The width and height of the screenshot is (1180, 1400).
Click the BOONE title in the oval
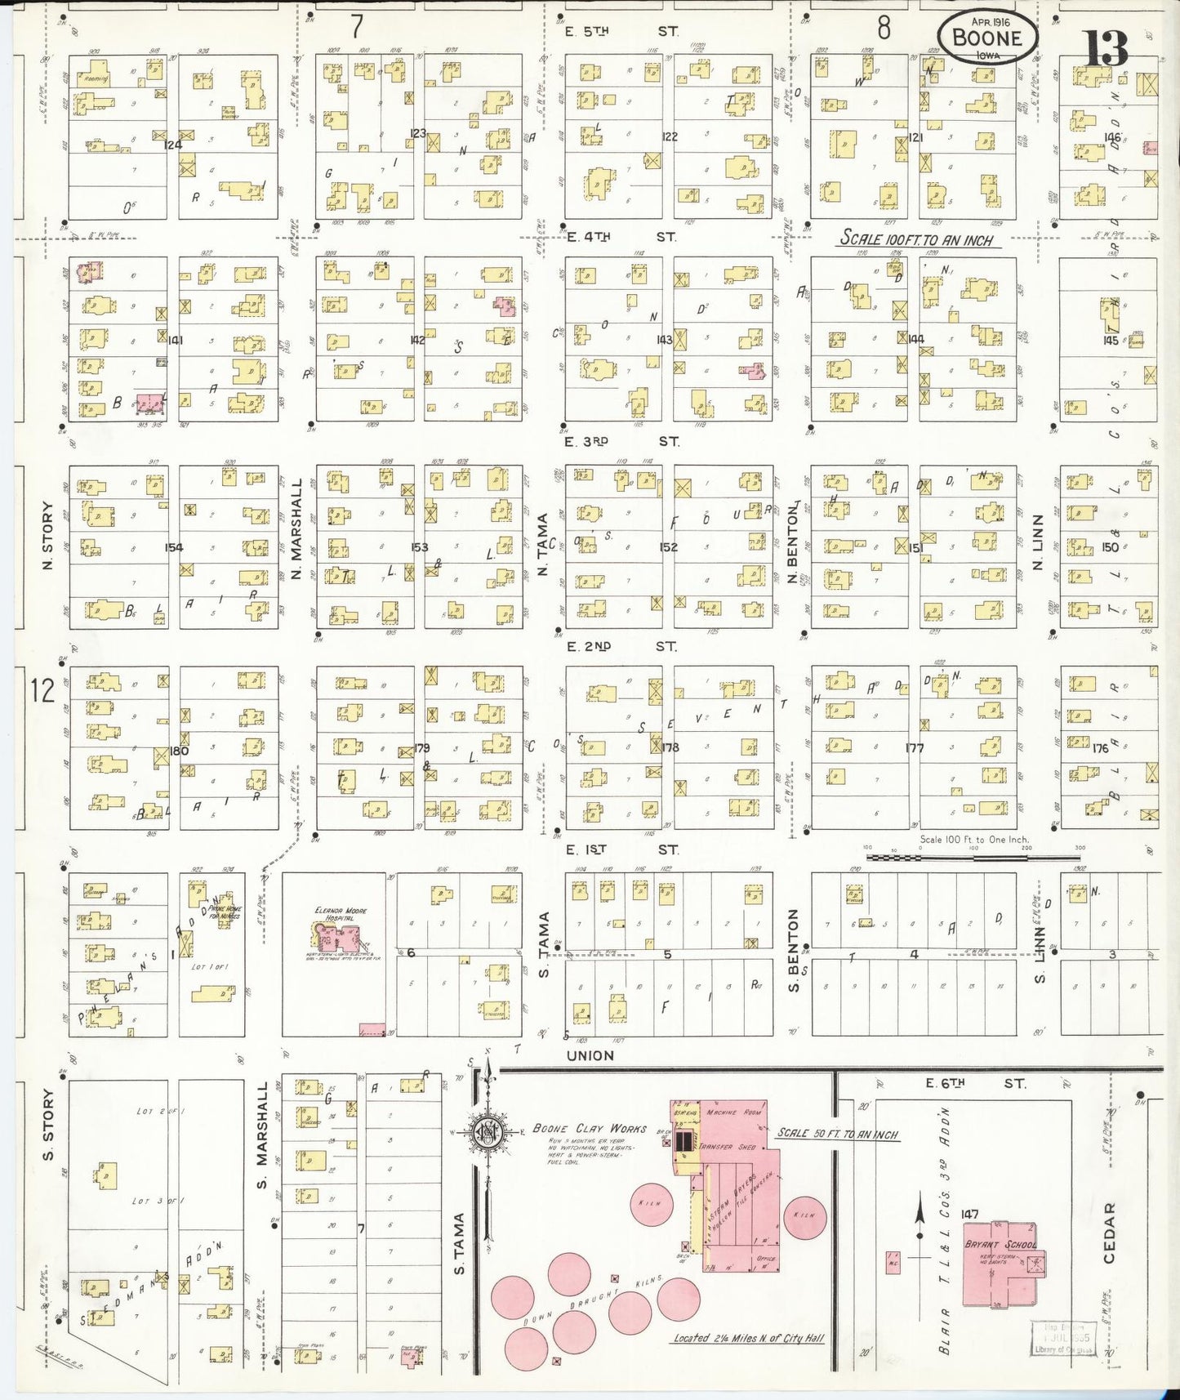pos(986,38)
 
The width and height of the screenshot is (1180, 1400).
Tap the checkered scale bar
pos(972,857)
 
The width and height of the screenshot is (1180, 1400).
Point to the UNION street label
pos(590,1055)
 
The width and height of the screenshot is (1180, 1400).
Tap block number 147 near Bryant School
pos(969,1214)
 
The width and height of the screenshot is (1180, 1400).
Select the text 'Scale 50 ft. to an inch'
pos(838,1133)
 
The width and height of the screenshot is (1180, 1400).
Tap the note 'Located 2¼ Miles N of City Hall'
pos(748,1338)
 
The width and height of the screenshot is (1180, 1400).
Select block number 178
pos(670,747)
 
